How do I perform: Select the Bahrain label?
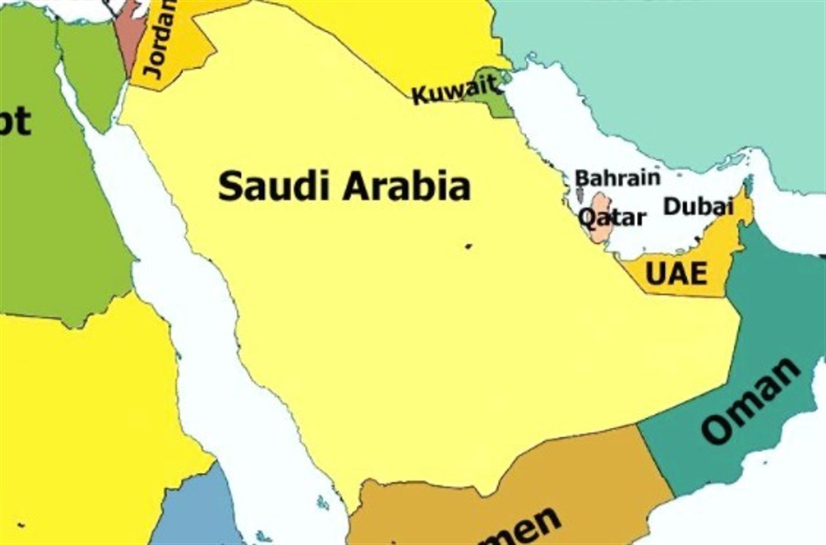click(x=617, y=178)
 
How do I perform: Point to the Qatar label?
click(x=612, y=218)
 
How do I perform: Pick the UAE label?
click(x=675, y=273)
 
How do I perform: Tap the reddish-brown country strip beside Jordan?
click(x=131, y=34)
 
